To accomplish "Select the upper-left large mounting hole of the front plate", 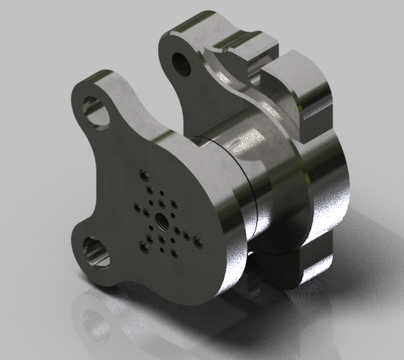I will (97, 112).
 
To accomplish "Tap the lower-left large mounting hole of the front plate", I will (95, 253).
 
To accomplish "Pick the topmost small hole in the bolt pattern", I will (145, 174).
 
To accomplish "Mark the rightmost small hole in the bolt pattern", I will (198, 244).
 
